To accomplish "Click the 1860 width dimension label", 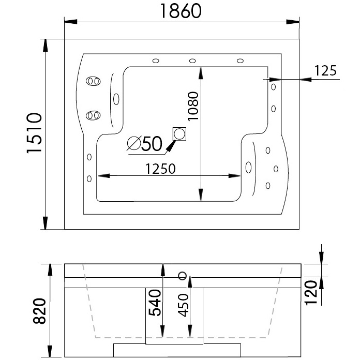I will (181, 11).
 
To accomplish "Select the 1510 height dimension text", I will (34, 133).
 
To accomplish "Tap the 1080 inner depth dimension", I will (192, 106).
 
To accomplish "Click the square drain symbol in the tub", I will (179, 134).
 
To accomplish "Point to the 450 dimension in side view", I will (182, 309).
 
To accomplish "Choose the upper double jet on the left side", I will (93, 81).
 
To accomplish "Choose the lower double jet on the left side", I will (93, 115).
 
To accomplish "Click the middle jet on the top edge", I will (192, 61).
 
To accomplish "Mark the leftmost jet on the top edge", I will (155, 61).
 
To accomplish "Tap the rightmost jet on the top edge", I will (240, 61).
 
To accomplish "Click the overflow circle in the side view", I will (182, 275).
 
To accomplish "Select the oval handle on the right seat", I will (248, 167).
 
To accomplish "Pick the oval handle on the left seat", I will (115, 98).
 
